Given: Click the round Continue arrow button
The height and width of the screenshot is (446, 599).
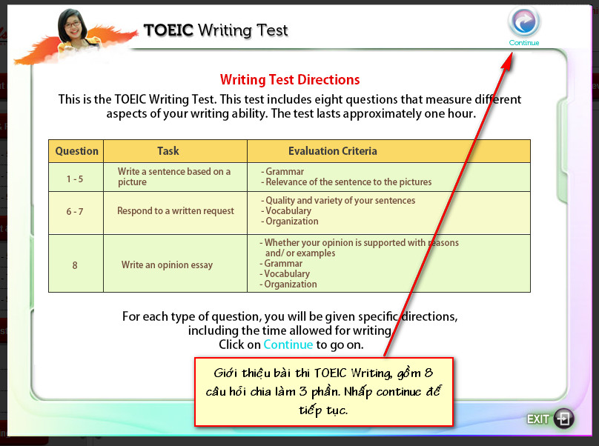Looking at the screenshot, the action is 523,21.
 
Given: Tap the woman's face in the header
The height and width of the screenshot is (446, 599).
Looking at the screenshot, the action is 73,27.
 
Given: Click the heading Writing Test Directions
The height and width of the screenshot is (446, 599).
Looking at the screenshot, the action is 290,79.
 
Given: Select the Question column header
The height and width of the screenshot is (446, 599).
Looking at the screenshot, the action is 76,151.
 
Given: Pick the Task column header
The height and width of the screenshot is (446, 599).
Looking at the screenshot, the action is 168,151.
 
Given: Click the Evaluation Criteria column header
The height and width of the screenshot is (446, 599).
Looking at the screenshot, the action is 332,151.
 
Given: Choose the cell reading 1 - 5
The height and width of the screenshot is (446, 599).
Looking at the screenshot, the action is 75,179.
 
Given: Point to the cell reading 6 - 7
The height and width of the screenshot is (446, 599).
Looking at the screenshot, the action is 75,212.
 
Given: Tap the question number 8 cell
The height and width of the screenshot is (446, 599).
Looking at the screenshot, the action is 75,265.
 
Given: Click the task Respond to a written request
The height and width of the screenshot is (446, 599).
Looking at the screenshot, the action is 176,211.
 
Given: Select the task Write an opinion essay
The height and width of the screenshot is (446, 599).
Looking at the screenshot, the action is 167,265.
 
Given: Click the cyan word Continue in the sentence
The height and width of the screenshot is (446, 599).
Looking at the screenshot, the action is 288,345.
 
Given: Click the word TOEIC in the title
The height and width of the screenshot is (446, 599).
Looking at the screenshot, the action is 168,30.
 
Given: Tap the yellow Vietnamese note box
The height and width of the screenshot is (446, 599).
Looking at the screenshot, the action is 323,392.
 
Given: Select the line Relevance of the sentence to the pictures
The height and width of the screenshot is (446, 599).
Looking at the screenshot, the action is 346,182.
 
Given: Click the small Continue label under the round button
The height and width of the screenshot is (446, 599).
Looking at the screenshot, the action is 524,43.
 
